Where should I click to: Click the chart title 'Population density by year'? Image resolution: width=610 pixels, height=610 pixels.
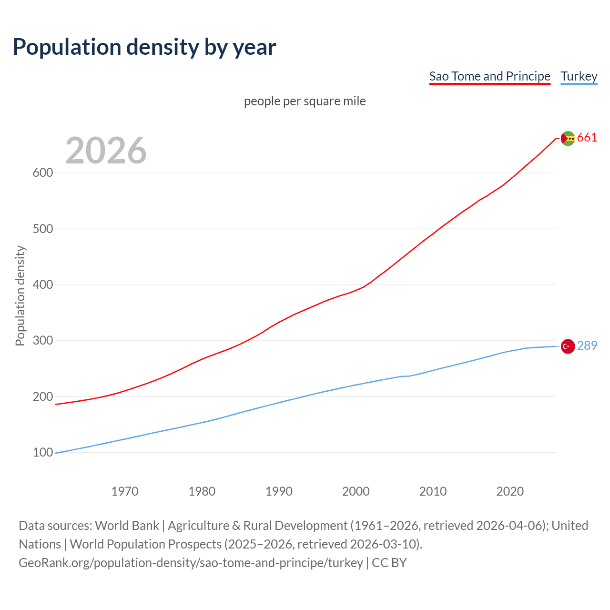point(144,47)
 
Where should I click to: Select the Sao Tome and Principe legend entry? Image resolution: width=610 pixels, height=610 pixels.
point(489,76)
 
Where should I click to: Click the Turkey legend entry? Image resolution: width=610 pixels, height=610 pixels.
point(579,76)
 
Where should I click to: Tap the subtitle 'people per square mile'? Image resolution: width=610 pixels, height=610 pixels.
point(305,101)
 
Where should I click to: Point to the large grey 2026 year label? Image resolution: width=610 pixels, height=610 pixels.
point(106,151)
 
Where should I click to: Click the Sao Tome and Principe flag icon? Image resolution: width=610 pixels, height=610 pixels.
point(568,138)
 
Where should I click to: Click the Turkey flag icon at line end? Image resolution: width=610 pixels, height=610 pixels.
point(568,346)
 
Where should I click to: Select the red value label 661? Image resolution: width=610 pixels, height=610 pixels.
point(587,138)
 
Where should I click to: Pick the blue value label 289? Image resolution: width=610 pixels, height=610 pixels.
point(587,346)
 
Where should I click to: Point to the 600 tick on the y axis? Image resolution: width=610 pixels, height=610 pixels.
point(42,173)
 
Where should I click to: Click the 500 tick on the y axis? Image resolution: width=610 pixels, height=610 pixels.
point(42,229)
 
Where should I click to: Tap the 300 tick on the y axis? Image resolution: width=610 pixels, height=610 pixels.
point(42,341)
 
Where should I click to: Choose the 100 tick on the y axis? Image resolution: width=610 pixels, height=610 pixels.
point(42,452)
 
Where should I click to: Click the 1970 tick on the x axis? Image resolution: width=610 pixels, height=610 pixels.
point(125,491)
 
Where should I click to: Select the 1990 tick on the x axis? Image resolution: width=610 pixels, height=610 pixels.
point(279,491)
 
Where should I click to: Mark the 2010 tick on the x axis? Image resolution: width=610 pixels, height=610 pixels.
point(433,491)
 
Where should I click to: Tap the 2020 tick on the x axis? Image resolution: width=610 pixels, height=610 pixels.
point(510,491)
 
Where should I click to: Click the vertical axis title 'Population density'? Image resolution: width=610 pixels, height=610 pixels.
point(20,295)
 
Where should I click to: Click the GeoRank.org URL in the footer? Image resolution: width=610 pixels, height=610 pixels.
point(191,563)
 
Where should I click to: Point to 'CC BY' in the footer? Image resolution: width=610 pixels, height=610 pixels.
point(389,563)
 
